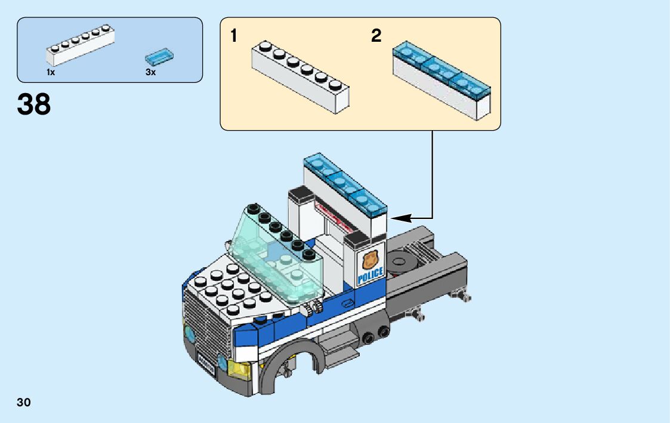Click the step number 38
[34, 104]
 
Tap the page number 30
[24, 402]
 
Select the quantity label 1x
[51, 72]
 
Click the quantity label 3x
[150, 72]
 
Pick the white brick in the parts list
[80, 46]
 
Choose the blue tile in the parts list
[160, 57]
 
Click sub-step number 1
[234, 36]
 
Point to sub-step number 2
[376, 36]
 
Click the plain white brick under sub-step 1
[300, 76]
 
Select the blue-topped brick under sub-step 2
[441, 81]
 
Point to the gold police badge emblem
[369, 260]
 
